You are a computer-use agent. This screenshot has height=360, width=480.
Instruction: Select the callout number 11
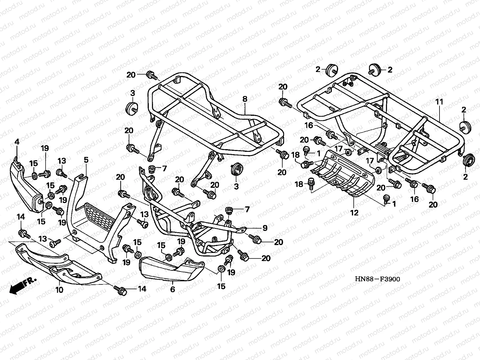(x=439, y=102)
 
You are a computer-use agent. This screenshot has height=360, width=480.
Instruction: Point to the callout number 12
(x=354, y=213)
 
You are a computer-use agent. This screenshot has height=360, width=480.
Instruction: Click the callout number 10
(x=59, y=290)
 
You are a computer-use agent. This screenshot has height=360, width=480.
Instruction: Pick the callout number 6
(x=172, y=290)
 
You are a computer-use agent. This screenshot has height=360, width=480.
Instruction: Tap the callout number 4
(x=17, y=142)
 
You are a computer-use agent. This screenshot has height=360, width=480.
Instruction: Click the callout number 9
(x=265, y=228)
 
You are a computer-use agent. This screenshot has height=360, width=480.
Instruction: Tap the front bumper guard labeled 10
(x=60, y=264)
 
